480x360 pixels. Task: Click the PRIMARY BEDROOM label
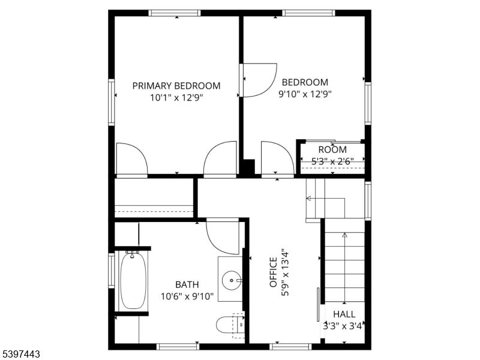(176, 86)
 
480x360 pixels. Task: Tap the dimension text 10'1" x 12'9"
(176, 98)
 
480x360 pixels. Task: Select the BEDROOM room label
(305, 82)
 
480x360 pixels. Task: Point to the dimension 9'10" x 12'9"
(305, 94)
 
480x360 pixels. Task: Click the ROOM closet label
(332, 149)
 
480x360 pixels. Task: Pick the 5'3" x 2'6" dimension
(332, 161)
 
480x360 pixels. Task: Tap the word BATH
(187, 284)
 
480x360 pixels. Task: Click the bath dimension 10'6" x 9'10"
(187, 296)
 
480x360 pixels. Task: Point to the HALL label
(344, 314)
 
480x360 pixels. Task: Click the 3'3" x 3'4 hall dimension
(343, 326)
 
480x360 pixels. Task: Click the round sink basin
(232, 279)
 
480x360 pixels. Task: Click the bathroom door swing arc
(221, 237)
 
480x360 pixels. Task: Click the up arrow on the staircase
(344, 235)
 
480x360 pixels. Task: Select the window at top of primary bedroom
(175, 13)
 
